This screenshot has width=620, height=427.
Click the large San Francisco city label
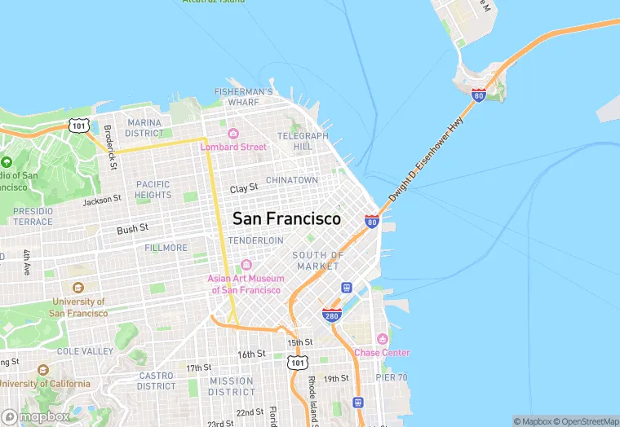pos(286,219)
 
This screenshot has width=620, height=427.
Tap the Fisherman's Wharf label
pos(243,97)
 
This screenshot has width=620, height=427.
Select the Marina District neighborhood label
pos(144,127)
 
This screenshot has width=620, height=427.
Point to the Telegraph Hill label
pos(303,141)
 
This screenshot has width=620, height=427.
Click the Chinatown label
pos(292,180)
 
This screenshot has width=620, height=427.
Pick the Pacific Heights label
pos(153,189)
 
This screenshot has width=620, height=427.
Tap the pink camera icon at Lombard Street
pos(232,134)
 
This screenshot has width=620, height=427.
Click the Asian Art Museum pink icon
pos(246,265)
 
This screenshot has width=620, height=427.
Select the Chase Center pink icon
pos(381,339)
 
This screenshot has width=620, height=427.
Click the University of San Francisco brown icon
pos(78,288)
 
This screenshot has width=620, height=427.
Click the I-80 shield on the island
pos(479,95)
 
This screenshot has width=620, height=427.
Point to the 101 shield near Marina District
pos(78,125)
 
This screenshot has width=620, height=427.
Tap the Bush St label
pos(132,230)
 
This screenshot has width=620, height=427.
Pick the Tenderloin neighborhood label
pos(256,240)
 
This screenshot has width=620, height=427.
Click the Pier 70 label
pos(391,377)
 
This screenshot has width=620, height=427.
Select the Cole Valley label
pos(86,351)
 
